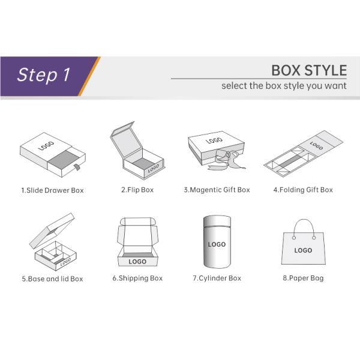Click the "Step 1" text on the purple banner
(43, 74)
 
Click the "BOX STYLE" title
(309, 70)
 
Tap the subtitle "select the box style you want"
(284, 86)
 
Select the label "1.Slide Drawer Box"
(52, 190)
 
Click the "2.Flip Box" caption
(137, 190)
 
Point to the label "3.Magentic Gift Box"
(217, 190)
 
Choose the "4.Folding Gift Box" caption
(303, 190)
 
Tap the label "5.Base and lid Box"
(52, 279)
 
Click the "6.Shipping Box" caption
(137, 278)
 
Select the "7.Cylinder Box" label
(217, 278)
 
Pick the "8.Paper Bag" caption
(303, 278)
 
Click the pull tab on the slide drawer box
(77, 167)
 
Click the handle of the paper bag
(304, 220)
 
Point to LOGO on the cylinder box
(217, 244)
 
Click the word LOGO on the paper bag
(303, 250)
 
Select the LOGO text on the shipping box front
(137, 262)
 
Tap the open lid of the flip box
(125, 140)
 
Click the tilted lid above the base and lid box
(52, 230)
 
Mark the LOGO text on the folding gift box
(316, 145)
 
